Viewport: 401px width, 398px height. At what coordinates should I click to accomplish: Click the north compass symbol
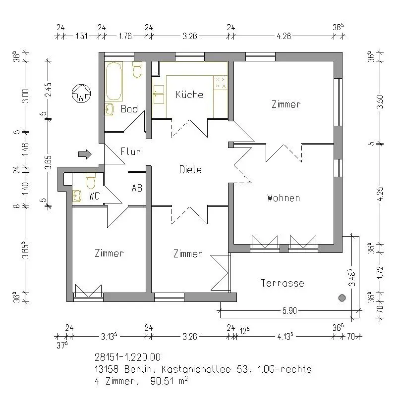coord(81,94)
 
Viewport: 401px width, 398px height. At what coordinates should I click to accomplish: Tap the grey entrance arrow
coord(85,154)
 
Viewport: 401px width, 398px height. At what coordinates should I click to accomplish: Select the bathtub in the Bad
coord(114,81)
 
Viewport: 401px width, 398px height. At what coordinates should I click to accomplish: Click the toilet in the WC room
coord(91,181)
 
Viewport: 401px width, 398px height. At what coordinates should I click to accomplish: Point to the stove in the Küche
coord(221,83)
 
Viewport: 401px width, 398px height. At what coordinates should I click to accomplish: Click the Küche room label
coord(189,95)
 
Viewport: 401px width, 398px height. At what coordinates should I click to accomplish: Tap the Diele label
coord(190,170)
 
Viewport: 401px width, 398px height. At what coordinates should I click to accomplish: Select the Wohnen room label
coord(284,198)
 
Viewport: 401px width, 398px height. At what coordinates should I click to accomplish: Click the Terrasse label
coord(283,283)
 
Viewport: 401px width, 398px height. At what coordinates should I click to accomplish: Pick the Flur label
coord(130,151)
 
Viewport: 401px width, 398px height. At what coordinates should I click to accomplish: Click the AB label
coord(137,188)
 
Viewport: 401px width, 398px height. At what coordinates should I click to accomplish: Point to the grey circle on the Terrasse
coord(342,298)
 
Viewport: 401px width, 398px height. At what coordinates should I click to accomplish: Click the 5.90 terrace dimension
coord(289,311)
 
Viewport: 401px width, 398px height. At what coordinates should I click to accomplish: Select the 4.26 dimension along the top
coord(284,36)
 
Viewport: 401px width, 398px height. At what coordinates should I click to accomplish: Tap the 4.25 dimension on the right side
coord(381,194)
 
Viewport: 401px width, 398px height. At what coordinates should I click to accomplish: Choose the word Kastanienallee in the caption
coord(196,369)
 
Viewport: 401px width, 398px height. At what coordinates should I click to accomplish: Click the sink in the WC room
coord(77,196)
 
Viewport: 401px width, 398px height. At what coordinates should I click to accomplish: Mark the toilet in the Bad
coord(137,69)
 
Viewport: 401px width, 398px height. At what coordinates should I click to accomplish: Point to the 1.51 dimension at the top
coord(82,36)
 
